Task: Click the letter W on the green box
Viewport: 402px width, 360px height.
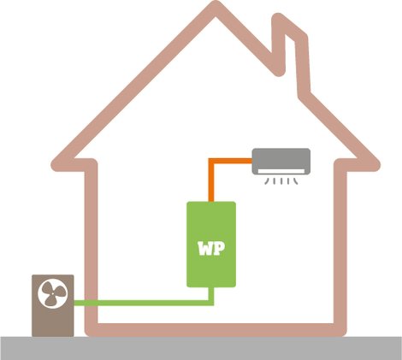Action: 206,249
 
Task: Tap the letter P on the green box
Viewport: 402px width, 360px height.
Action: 220,249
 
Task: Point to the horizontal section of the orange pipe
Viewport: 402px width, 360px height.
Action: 233,161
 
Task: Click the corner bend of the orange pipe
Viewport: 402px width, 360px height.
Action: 211,161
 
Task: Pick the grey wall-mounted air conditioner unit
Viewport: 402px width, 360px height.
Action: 281,161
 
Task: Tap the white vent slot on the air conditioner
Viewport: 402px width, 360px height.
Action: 281,171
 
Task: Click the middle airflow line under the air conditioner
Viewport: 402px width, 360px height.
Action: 281,181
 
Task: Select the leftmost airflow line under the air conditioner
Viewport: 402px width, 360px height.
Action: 267,181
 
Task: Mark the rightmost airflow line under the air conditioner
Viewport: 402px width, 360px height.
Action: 296,181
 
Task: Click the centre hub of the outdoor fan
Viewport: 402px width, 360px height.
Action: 53,293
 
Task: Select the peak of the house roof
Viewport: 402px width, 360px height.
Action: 216,7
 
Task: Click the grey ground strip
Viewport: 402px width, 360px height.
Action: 201,348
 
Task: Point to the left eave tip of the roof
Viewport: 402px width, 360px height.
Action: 56,165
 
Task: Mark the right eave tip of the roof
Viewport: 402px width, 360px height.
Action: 374,165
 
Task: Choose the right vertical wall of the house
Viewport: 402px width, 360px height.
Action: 340,247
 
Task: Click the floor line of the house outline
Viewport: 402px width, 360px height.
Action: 216,330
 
